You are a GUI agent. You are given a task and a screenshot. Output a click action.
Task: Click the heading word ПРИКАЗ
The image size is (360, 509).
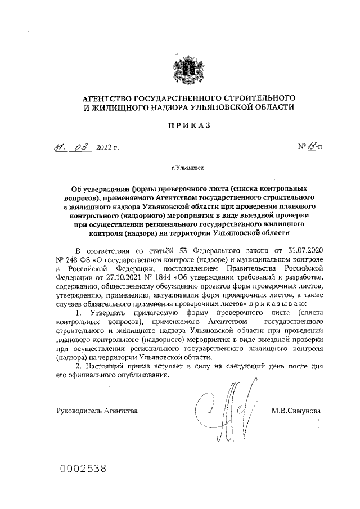(188, 126)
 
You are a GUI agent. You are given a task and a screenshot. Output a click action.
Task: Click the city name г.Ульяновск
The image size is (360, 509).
(188, 168)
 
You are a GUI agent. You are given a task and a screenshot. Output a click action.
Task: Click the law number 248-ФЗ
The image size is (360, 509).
(77, 259)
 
